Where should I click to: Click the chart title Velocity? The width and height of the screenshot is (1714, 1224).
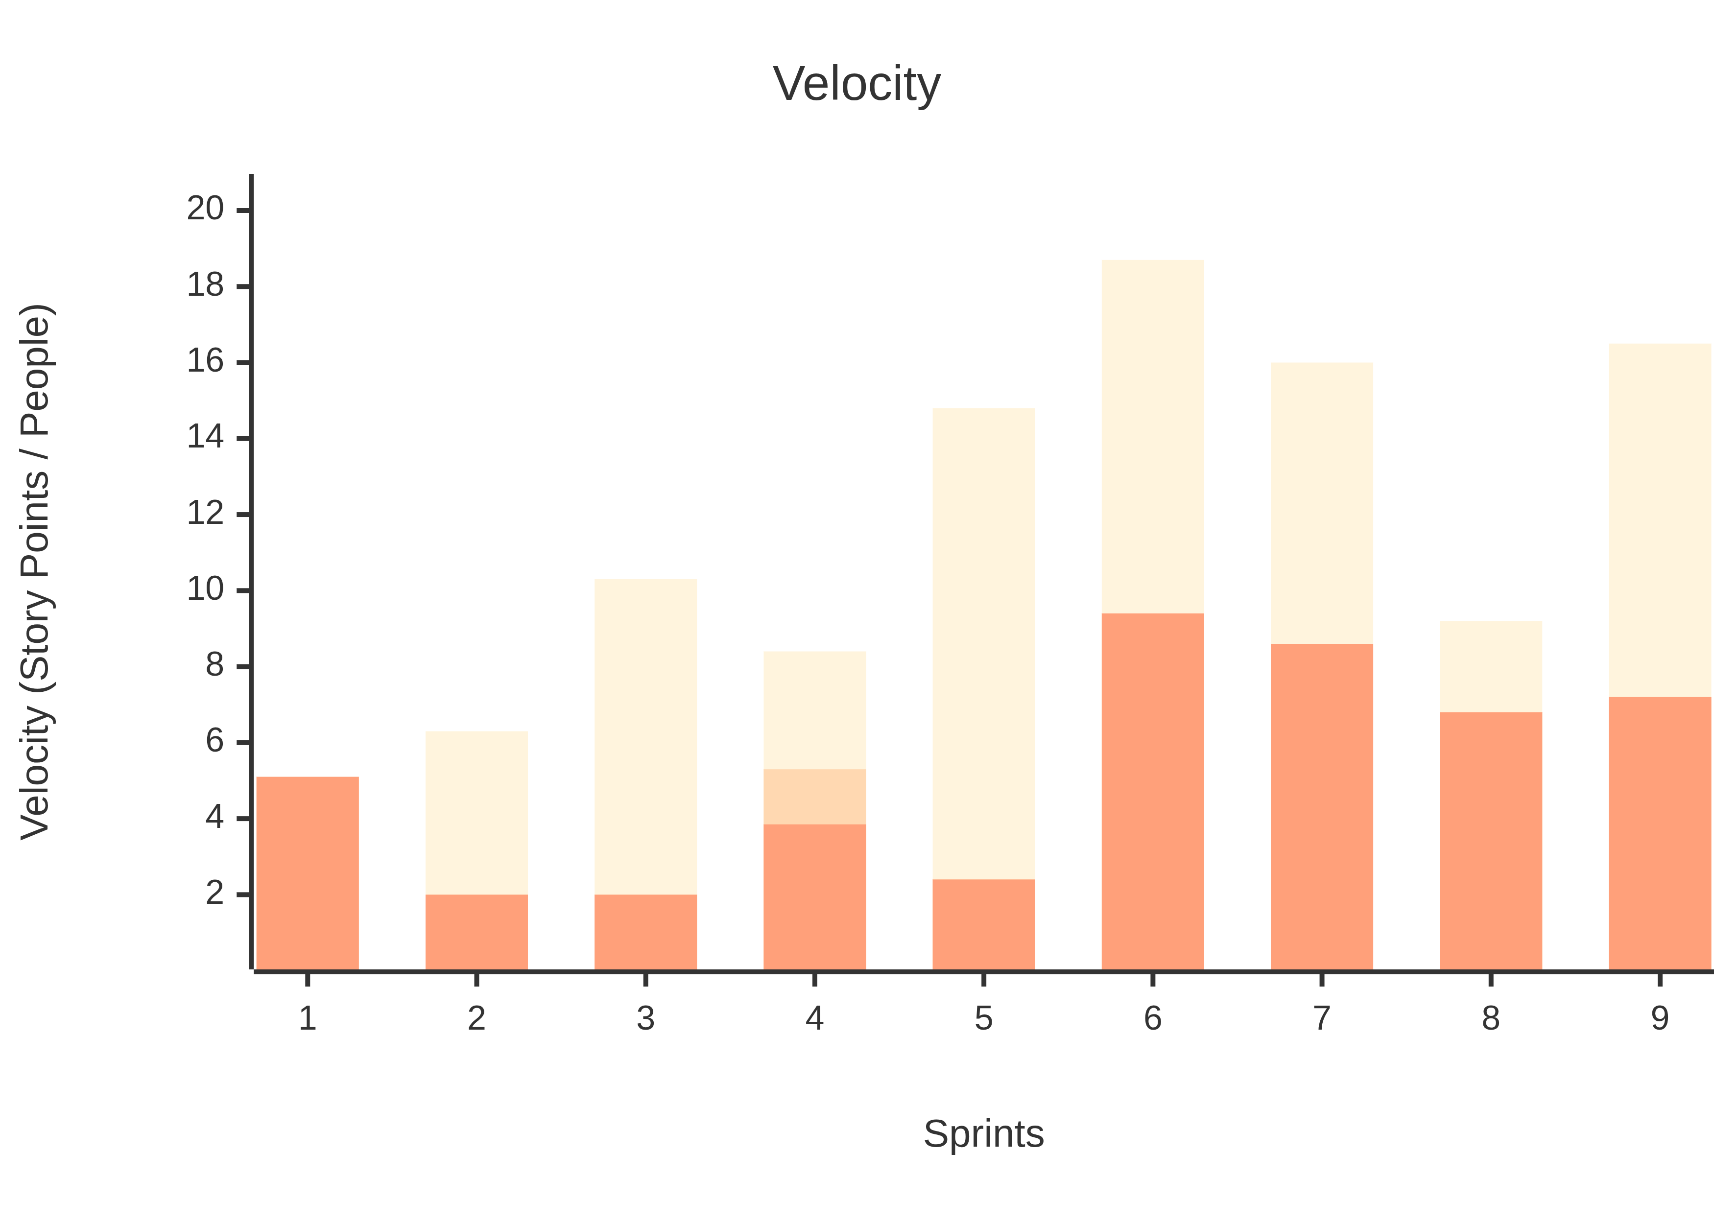coord(857,84)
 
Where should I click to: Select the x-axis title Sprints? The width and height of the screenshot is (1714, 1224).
coord(984,1133)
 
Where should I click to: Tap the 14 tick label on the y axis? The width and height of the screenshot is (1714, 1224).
coord(205,437)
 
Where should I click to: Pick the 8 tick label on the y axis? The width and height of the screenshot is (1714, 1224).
coord(215,665)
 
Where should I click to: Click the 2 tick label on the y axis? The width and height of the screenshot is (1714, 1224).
coord(215,893)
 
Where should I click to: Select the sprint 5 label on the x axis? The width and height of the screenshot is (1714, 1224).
coord(984,1019)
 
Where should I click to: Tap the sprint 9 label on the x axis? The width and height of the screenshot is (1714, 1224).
coord(1660,1019)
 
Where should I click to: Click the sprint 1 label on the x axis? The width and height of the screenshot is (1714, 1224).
coord(308,1019)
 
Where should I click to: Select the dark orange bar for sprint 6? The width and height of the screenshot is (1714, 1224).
coord(1152,791)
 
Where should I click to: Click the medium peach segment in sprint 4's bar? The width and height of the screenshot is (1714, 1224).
coord(815,797)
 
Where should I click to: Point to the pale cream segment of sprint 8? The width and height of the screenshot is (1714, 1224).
coord(1491,666)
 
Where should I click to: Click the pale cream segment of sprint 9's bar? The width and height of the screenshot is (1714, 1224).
coord(1660,520)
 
